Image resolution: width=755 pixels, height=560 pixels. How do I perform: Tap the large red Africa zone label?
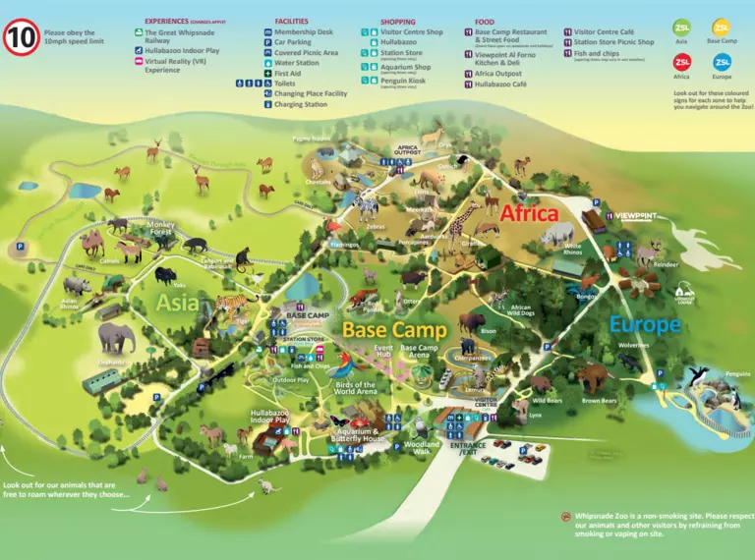(x=529, y=213)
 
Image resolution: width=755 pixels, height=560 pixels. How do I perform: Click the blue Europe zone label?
(x=644, y=323)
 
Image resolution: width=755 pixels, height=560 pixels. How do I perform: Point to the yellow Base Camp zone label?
(x=394, y=329)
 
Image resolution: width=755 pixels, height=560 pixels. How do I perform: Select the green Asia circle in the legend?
(x=681, y=29)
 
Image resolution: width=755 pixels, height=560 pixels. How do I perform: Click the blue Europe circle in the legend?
(x=723, y=64)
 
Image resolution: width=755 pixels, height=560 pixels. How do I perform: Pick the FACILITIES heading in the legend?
(x=291, y=21)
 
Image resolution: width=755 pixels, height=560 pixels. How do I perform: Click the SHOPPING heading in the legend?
(x=397, y=21)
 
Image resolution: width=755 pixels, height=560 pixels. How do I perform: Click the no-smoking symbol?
(x=566, y=516)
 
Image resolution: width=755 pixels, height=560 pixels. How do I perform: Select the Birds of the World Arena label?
(x=356, y=388)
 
